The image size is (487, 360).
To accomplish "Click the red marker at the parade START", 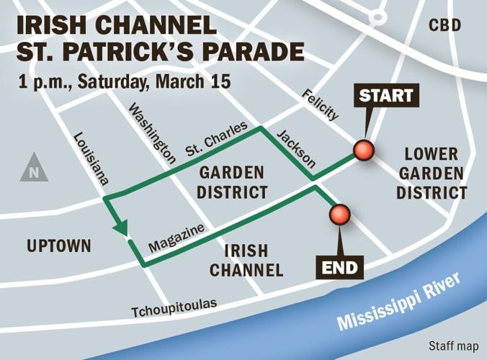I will (364, 150).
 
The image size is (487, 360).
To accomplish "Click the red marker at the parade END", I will (339, 214).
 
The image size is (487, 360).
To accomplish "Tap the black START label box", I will (386, 96).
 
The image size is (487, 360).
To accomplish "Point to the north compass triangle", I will (34, 168).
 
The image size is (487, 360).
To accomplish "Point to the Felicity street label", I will (320, 105).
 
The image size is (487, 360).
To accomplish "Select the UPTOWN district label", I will (59, 246).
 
